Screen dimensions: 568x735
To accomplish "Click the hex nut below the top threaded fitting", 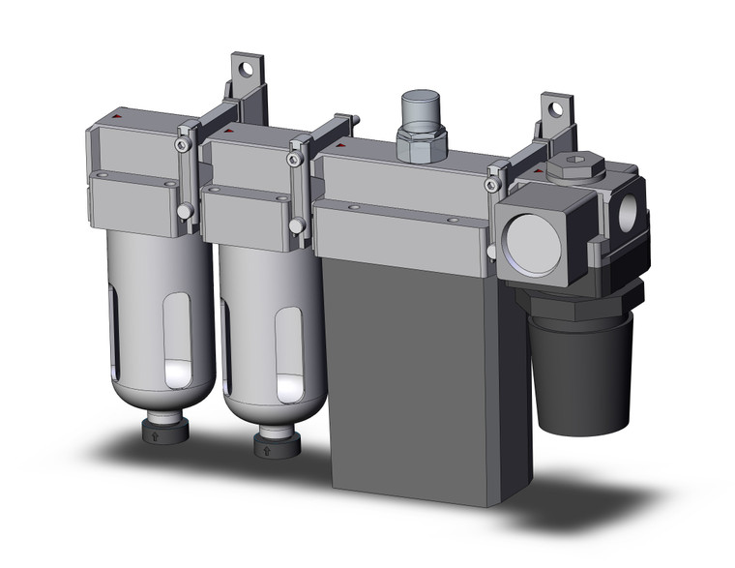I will point(422,146).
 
